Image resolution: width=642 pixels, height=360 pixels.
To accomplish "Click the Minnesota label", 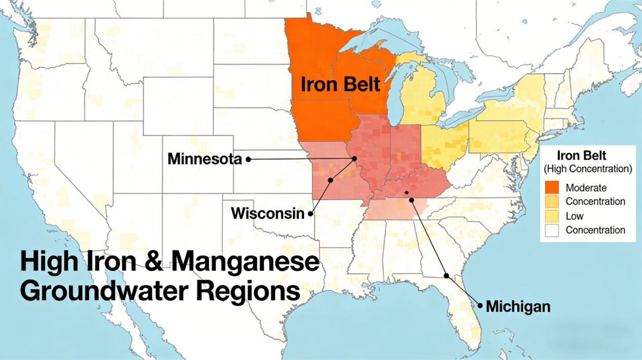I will pos(205,159).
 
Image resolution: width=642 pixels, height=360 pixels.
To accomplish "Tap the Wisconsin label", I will pos(267,213).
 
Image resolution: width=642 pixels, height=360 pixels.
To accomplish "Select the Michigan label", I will pos(518,307).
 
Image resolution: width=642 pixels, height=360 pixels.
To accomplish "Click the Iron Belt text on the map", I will pos(340,84).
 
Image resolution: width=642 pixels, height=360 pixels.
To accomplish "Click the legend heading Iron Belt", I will pos(582,155).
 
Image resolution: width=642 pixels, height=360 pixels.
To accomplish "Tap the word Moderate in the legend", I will pos(586,187).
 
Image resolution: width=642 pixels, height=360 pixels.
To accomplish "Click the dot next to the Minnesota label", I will pos(248,159).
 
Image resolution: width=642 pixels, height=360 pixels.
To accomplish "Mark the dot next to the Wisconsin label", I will pos(311,214).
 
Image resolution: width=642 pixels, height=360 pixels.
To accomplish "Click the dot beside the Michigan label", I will pos(480,306).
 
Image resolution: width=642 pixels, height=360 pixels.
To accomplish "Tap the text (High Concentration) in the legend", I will pos(587,168).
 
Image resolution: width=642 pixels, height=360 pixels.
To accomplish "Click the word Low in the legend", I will pos(575,216).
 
